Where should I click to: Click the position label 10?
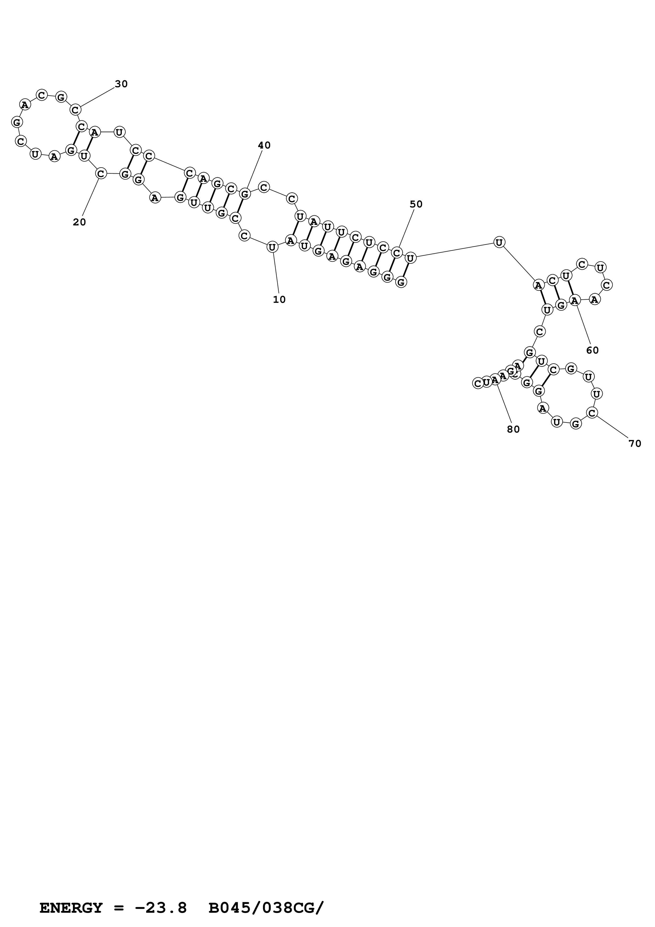click(x=279, y=300)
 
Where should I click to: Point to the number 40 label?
click(x=264, y=145)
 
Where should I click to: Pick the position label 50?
click(x=416, y=204)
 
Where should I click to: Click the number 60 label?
click(x=592, y=350)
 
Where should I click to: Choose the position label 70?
click(x=635, y=444)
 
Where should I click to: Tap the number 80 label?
click(x=513, y=430)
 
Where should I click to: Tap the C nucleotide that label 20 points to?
click(x=101, y=174)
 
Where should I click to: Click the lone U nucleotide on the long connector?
click(x=499, y=242)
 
